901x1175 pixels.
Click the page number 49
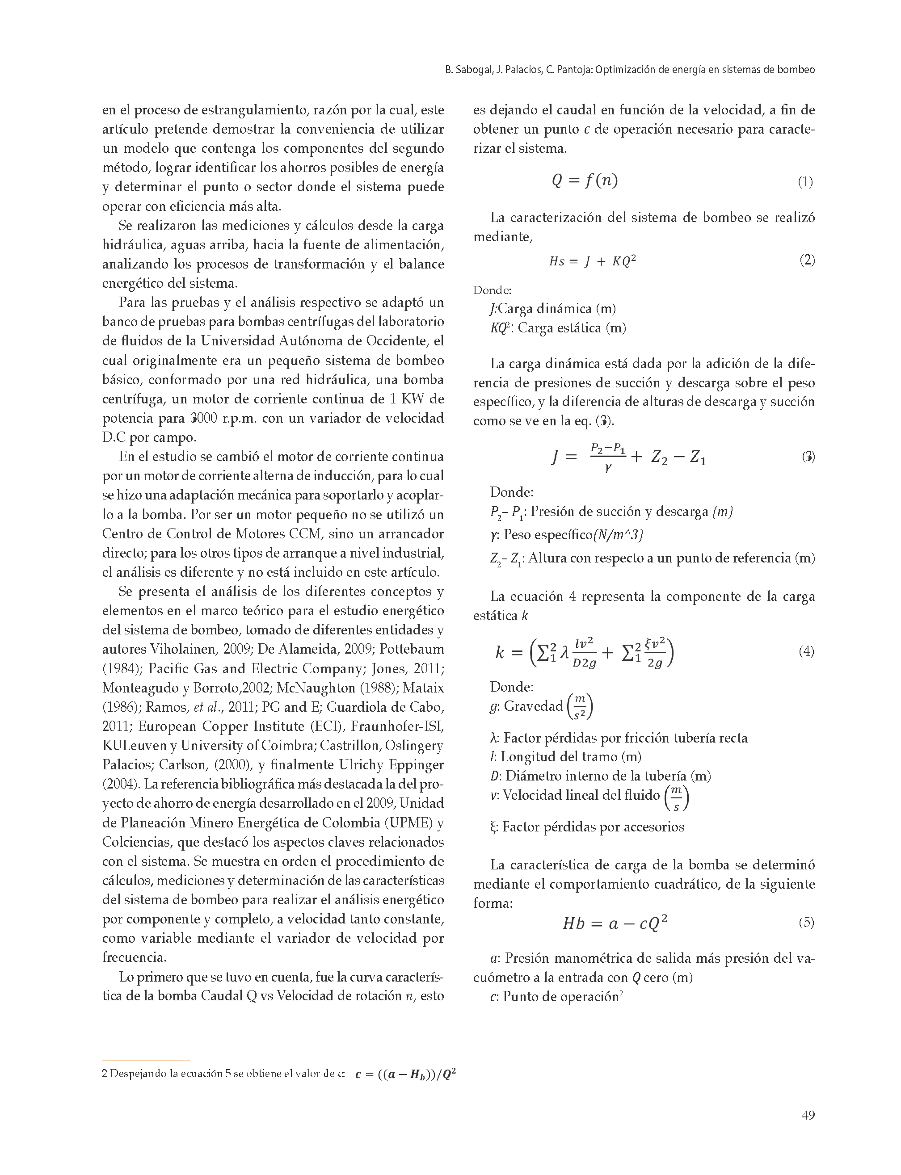pyautogui.click(x=808, y=1115)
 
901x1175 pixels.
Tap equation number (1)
pyautogui.click(x=805, y=182)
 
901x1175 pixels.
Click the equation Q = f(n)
pyautogui.click(x=585, y=180)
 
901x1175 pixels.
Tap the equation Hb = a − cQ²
pyautogui.click(x=615, y=923)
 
